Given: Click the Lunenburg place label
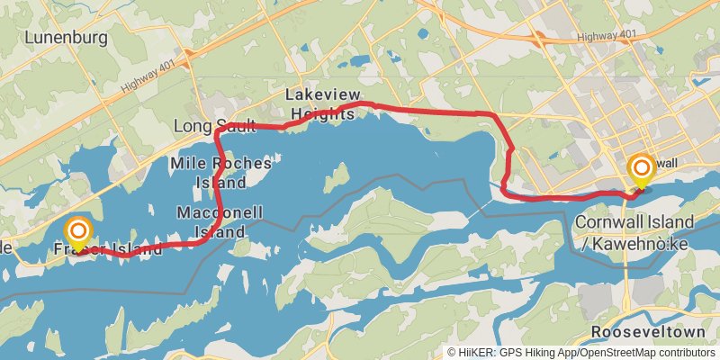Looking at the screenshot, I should pos(67,38).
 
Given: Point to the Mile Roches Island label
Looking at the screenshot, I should pos(220,173).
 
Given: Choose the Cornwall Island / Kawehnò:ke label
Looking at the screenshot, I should pos(634,230).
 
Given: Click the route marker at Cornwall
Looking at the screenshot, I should pos(642,169).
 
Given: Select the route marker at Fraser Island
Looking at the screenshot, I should pos(78,231).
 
